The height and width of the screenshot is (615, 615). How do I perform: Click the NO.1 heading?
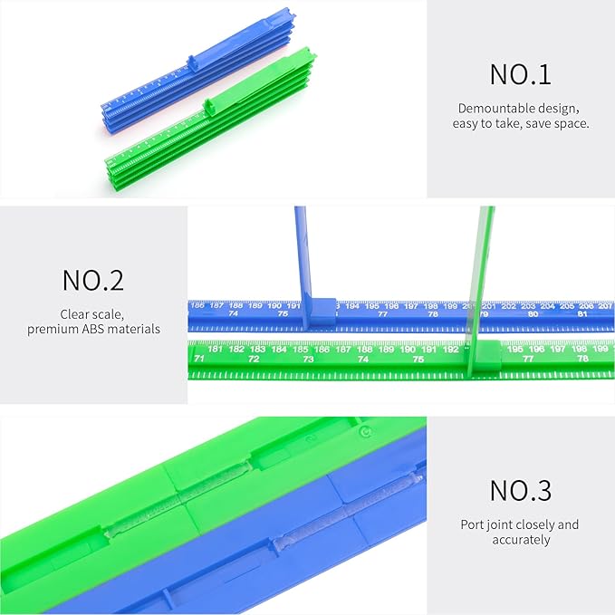pos(520,74)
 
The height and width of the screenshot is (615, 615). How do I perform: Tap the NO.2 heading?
pos(93,280)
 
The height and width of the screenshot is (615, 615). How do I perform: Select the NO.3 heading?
pos(520,491)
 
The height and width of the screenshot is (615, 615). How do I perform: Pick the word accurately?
pos(520,540)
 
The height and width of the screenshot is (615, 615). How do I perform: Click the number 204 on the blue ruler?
pos(547,306)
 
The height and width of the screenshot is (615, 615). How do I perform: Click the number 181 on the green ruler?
pos(215,349)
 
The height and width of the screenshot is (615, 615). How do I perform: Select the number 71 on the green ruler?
pos(199,360)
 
